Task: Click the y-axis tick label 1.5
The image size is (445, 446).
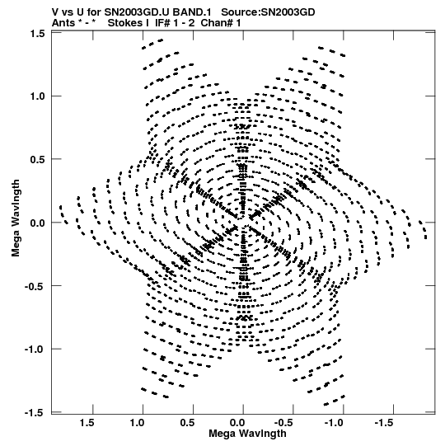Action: [x=37, y=34]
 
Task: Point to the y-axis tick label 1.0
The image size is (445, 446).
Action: [x=37, y=96]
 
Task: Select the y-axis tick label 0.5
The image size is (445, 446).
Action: [x=37, y=160]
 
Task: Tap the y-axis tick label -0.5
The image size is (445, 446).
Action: [x=35, y=286]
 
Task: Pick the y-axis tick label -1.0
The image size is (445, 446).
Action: [x=35, y=350]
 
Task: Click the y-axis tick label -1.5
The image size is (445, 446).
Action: [x=35, y=412]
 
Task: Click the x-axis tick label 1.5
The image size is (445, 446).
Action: [x=87, y=423]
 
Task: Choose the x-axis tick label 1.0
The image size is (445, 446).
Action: [x=138, y=423]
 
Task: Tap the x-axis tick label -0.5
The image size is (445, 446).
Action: [x=284, y=423]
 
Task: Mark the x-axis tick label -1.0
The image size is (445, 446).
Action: [x=334, y=423]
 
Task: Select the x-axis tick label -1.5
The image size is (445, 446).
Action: [x=384, y=423]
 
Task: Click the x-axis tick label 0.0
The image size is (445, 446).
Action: [x=237, y=423]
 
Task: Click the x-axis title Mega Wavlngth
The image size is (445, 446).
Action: [x=247, y=434]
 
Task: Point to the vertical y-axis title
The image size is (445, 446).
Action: [x=16, y=218]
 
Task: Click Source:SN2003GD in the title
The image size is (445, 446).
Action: [x=268, y=12]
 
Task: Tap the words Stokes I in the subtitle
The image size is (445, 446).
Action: [x=129, y=23]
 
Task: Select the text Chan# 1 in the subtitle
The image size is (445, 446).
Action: [x=221, y=23]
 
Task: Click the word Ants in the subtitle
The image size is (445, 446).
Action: [x=63, y=23]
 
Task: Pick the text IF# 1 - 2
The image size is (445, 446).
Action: [x=175, y=23]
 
